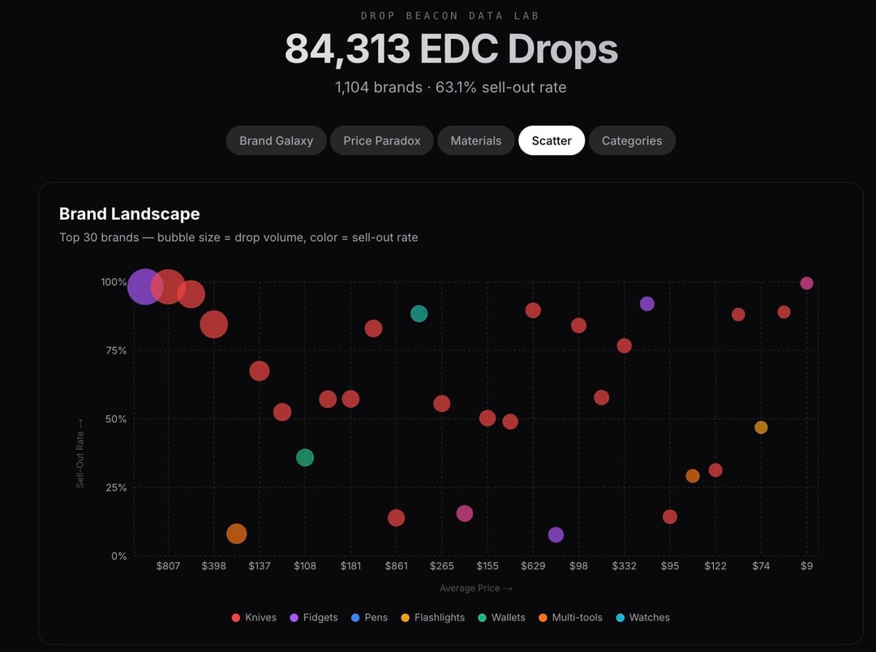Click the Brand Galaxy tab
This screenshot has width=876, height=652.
click(x=276, y=140)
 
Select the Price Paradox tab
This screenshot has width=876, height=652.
click(x=382, y=140)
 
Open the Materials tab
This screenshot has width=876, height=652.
click(x=476, y=140)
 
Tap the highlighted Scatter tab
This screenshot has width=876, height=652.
click(x=552, y=140)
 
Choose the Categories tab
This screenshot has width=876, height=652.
click(x=632, y=140)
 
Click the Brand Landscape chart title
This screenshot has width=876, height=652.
click(x=130, y=214)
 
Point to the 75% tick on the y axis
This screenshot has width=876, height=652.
click(x=113, y=350)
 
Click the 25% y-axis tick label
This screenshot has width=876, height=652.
click(x=113, y=487)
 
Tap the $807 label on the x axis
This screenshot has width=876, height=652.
click(x=168, y=566)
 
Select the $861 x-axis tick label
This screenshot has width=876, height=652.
click(x=396, y=566)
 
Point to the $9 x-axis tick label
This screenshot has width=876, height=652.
click(x=806, y=566)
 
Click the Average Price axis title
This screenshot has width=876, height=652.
click(x=476, y=589)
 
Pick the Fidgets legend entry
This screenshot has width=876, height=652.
click(x=314, y=617)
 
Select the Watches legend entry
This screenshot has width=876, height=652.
click(x=643, y=617)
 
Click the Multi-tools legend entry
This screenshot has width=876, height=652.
click(x=570, y=617)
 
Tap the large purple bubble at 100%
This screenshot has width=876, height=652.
click(x=144, y=286)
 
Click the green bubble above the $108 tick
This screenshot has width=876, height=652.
click(x=305, y=457)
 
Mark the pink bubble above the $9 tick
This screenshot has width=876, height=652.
click(x=806, y=283)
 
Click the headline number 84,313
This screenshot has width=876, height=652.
click(x=347, y=50)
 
